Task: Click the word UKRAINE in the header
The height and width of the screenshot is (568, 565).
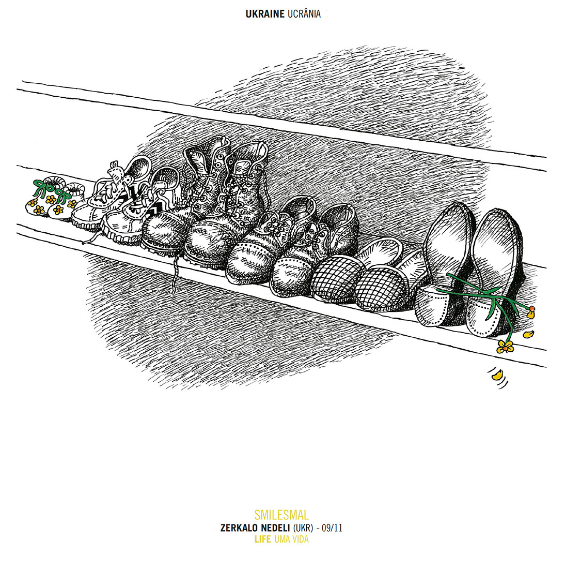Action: pyautogui.click(x=265, y=14)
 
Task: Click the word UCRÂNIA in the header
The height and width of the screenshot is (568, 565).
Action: pyautogui.click(x=304, y=14)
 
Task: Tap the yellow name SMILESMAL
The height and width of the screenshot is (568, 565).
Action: pyautogui.click(x=281, y=515)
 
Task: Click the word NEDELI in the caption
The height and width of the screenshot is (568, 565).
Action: pyautogui.click(x=274, y=528)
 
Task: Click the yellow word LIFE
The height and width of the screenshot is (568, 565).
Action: pyautogui.click(x=262, y=540)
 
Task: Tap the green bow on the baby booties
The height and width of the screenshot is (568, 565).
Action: pyautogui.click(x=41, y=186)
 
